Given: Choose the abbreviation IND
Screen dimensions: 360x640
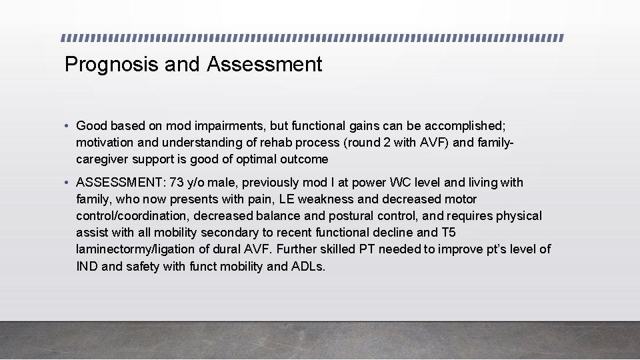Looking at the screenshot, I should click(87, 266).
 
